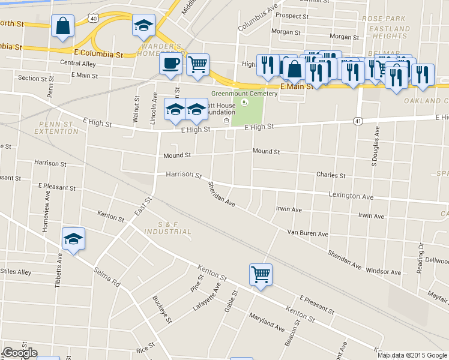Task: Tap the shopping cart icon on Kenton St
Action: [261, 275]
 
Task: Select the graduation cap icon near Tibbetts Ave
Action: [74, 239]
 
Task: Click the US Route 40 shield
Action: [94, 19]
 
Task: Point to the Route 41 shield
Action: [358, 121]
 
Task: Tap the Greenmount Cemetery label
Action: [244, 94]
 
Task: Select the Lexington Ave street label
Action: [351, 196]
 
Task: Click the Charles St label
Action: [331, 176]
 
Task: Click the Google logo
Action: [20, 353]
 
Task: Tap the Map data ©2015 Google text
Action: [412, 355]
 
